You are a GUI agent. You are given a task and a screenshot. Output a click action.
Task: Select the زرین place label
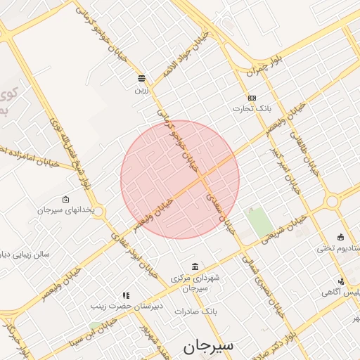142,90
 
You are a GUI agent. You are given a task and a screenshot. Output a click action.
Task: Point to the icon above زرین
142,78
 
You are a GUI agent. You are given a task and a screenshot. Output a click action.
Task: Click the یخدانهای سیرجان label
70,210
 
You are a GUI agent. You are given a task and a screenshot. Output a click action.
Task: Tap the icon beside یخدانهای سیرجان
65,199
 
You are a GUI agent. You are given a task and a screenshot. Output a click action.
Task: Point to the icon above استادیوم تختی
341,236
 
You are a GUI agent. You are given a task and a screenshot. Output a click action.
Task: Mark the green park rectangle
260,223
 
